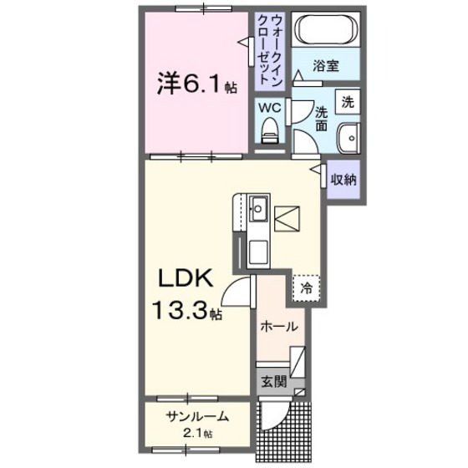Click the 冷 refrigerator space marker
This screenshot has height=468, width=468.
[x=307, y=288]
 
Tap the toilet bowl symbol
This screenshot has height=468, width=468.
[x=269, y=130]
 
